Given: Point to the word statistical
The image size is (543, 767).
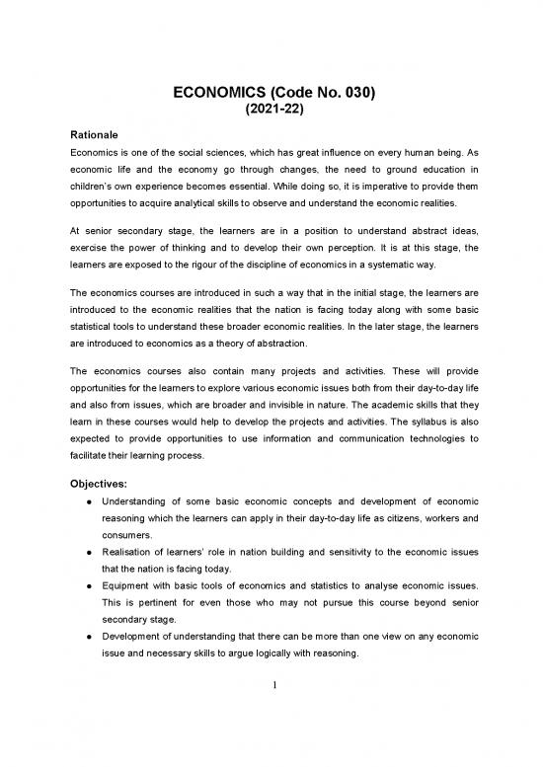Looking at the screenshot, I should [x=89, y=325].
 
